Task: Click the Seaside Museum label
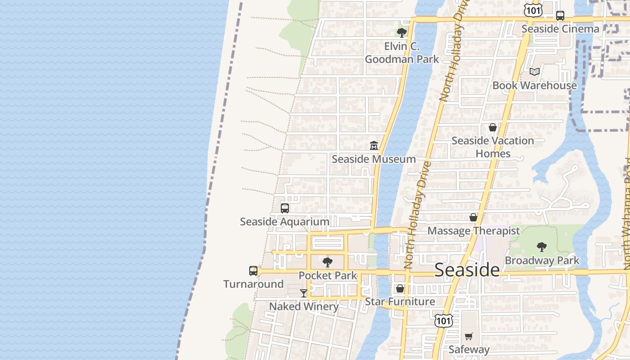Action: coord(373,159)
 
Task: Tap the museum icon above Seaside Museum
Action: coord(373,145)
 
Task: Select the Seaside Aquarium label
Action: coord(284,222)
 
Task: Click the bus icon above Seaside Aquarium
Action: coord(284,208)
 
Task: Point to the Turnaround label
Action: coord(253,284)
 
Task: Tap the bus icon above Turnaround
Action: coord(253,271)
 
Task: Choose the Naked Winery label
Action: coord(304,306)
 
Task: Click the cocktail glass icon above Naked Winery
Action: coord(304,293)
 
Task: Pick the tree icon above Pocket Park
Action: coord(328,262)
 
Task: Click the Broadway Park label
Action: coord(542,261)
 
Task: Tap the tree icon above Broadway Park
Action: coord(542,247)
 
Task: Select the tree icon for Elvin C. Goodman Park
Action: coord(401,32)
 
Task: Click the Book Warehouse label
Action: coord(534,85)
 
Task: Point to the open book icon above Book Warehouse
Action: coord(534,72)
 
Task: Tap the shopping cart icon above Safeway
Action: coord(468,336)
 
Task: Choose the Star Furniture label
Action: coord(400,301)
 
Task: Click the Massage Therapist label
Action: coord(473,231)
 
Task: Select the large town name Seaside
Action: coord(467,270)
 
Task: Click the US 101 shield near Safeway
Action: coord(443,320)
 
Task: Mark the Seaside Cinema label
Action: coord(560,29)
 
